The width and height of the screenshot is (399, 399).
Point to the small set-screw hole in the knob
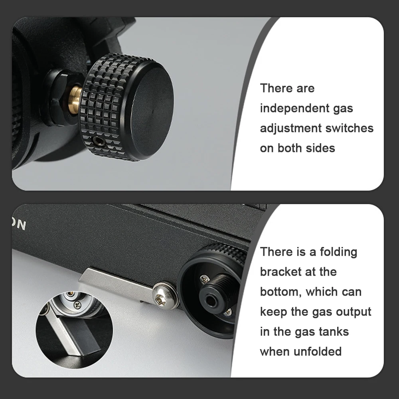[97, 139]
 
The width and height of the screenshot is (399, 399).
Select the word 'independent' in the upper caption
[294, 109]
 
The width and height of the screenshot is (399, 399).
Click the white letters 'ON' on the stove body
[19, 224]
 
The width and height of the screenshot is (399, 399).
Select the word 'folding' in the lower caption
[338, 252]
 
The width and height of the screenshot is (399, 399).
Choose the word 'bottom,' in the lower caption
[281, 292]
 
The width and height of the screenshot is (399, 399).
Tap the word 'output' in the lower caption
[354, 312]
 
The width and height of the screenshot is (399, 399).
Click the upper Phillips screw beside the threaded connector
[204, 279]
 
